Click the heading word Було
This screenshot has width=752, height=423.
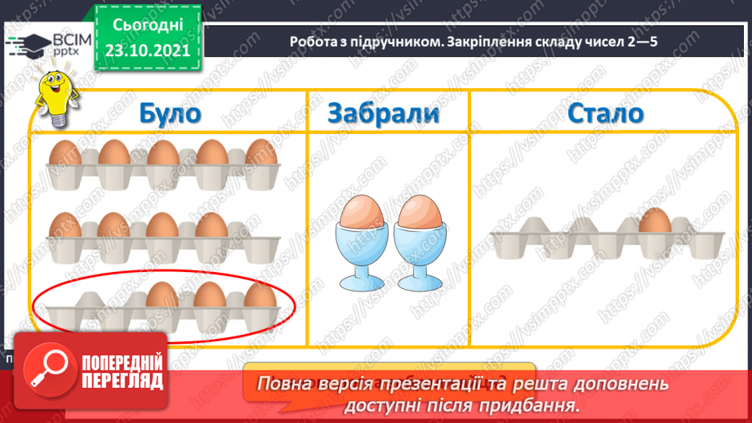click(x=169, y=113)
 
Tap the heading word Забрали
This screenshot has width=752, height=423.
click(x=383, y=113)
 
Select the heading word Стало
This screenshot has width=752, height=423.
click(x=607, y=113)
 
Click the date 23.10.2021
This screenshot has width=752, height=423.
click(x=147, y=49)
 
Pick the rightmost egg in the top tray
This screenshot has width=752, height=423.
click(x=260, y=153)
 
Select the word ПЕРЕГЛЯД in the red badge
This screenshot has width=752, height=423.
click(x=120, y=382)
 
